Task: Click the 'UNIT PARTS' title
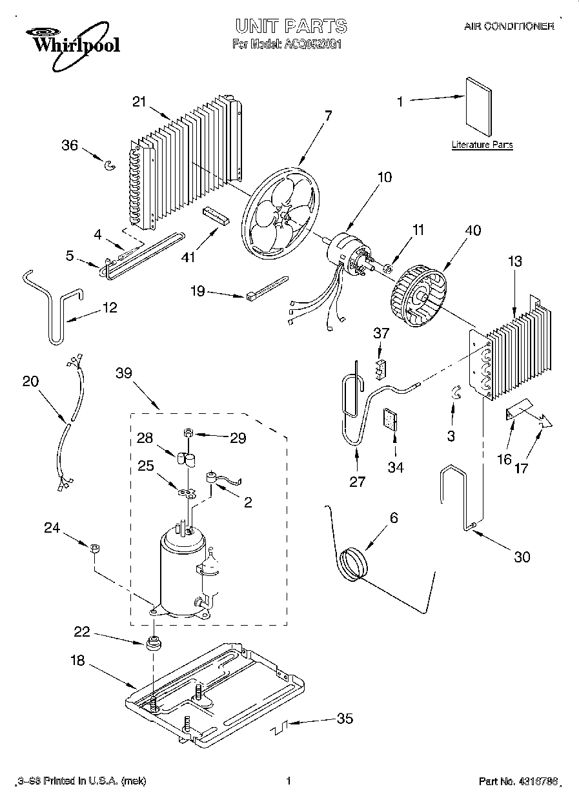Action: (290, 26)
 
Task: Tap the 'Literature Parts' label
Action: (482, 145)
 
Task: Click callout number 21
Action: (139, 101)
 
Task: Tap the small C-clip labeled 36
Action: (110, 166)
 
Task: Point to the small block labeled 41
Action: (217, 215)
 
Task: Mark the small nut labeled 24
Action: (94, 549)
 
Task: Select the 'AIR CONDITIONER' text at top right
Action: (509, 26)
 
